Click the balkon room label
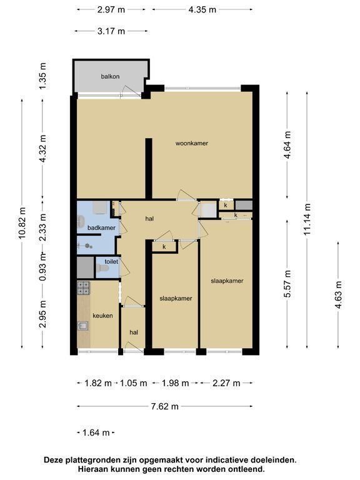coord(110,76)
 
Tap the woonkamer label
coord(192,143)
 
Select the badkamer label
coord(101,227)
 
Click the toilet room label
coord(111,262)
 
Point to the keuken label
coord(102,316)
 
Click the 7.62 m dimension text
coord(165,406)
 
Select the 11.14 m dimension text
coord(307,219)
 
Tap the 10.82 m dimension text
coord(22,223)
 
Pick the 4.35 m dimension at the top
coord(202,10)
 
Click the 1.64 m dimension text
coord(96,432)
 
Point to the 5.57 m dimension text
coord(287,284)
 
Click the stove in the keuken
coord(84,288)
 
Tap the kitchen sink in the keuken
coord(82,326)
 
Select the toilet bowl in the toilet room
coord(102,269)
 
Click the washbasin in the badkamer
coord(81,222)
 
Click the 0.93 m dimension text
coord(43,267)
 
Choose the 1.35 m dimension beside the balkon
coord(43,76)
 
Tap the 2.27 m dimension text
coord(226,383)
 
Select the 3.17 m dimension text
coord(111,31)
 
